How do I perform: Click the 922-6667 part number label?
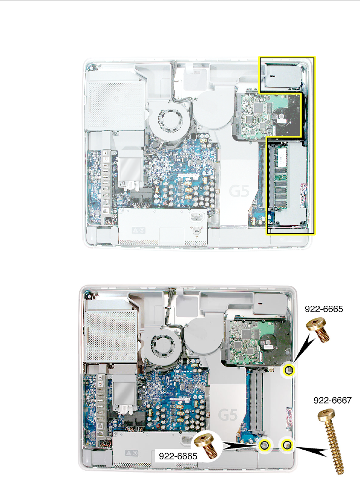point(332,400)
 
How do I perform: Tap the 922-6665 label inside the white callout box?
point(178,456)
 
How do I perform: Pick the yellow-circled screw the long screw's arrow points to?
point(287,445)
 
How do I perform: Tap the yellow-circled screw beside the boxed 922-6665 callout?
point(265,445)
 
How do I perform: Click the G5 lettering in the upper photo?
point(239,191)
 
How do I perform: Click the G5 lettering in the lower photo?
point(228,415)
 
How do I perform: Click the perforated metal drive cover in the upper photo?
point(115,105)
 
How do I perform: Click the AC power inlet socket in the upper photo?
point(196,218)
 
